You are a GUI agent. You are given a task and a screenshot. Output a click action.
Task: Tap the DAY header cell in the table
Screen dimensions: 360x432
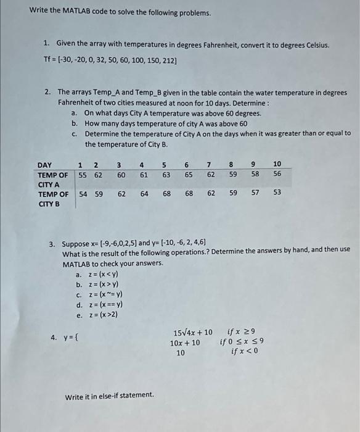[45, 165]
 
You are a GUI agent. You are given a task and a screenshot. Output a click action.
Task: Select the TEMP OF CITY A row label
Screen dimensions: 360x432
[53, 180]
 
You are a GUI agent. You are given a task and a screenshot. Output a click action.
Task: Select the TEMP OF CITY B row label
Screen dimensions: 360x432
[53, 199]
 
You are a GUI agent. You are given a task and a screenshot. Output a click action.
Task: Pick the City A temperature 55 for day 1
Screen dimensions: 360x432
[82, 175]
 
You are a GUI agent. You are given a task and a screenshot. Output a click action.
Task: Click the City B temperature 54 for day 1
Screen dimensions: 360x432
[82, 194]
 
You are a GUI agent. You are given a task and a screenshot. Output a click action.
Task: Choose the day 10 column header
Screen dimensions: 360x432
[277, 164]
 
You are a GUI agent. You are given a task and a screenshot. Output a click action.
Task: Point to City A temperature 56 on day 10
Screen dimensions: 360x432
[277, 175]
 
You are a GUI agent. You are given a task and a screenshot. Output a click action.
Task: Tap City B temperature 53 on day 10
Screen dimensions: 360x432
[277, 194]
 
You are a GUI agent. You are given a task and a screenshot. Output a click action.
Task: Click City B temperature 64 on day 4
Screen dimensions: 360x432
[144, 194]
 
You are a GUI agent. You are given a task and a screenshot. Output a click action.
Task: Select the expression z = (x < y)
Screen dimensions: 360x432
[102, 275]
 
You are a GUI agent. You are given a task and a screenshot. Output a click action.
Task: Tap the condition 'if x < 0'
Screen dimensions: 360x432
[245, 352]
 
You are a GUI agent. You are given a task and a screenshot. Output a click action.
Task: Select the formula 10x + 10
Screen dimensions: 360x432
[185, 343]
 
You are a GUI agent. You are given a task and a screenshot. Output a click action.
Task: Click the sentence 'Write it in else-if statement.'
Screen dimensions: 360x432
[110, 396]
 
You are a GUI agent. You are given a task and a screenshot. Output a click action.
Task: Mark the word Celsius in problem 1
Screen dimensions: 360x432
[316, 45]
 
